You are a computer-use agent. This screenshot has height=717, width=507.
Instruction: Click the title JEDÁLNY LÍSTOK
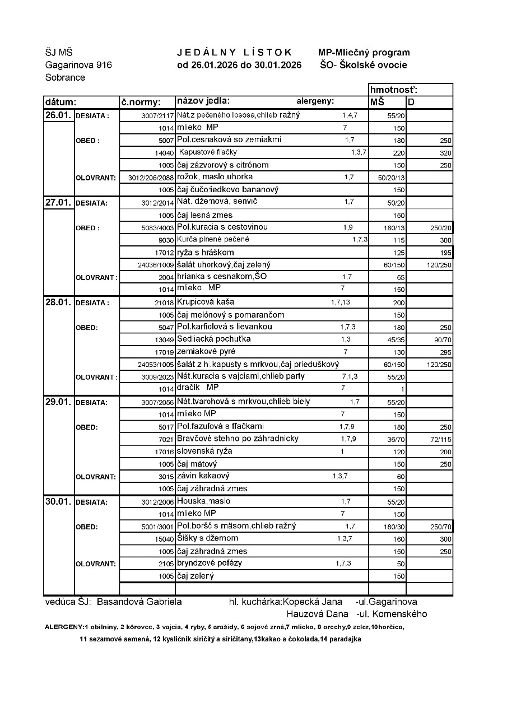(235, 52)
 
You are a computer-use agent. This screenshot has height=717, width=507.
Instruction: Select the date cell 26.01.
(58, 115)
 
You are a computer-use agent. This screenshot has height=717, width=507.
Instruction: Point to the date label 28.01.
(58, 302)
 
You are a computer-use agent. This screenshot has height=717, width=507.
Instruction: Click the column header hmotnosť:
(394, 90)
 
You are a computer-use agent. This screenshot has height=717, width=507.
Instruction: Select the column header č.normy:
(141, 103)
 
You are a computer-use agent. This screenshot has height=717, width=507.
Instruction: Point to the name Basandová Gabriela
(139, 602)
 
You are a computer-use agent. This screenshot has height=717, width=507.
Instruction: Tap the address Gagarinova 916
(78, 65)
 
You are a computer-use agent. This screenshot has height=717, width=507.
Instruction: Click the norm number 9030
(166, 240)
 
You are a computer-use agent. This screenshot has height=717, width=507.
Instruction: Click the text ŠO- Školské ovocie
(364, 65)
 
